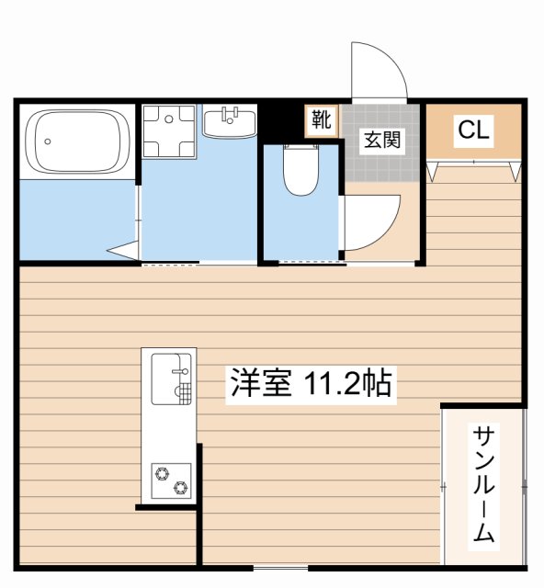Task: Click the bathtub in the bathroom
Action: (78, 141)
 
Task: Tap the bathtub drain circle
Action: (47, 141)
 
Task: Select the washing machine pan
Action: (169, 131)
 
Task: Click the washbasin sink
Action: (230, 122)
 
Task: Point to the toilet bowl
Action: (300, 170)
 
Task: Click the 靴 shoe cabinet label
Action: (322, 120)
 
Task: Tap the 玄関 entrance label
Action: (382, 141)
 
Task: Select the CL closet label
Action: (473, 130)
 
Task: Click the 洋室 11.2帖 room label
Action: (311, 385)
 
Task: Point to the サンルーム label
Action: (483, 484)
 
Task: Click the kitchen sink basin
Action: (171, 379)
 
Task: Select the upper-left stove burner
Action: (162, 474)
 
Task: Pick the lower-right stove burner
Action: (180, 487)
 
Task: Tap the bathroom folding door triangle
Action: (123, 251)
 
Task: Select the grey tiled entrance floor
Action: (382, 143)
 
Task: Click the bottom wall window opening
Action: (280, 568)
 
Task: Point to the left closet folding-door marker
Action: (433, 172)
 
